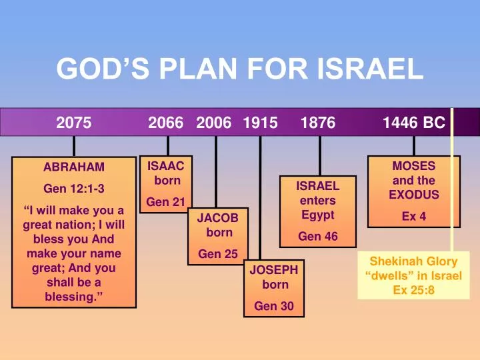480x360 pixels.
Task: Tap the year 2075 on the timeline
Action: pyautogui.click(x=74, y=123)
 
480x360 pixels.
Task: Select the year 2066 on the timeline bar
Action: pyautogui.click(x=166, y=123)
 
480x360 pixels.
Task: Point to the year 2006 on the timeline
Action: pyautogui.click(x=214, y=123)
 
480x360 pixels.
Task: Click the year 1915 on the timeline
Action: pyautogui.click(x=261, y=123)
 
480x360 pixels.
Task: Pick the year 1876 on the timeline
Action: pyautogui.click(x=318, y=123)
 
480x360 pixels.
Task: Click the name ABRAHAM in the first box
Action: pyautogui.click(x=74, y=167)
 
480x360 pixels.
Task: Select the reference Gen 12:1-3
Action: pyautogui.click(x=74, y=189)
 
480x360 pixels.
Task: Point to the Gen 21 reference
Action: pyautogui.click(x=166, y=202)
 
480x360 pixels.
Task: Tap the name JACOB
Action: pyautogui.click(x=218, y=218)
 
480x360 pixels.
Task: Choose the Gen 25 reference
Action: pyautogui.click(x=218, y=254)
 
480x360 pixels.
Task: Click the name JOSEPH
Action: pyautogui.click(x=274, y=270)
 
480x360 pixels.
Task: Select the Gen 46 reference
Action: pyautogui.click(x=318, y=236)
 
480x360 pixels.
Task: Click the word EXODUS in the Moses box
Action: pyautogui.click(x=414, y=195)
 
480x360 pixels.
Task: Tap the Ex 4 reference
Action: pyautogui.click(x=414, y=217)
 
